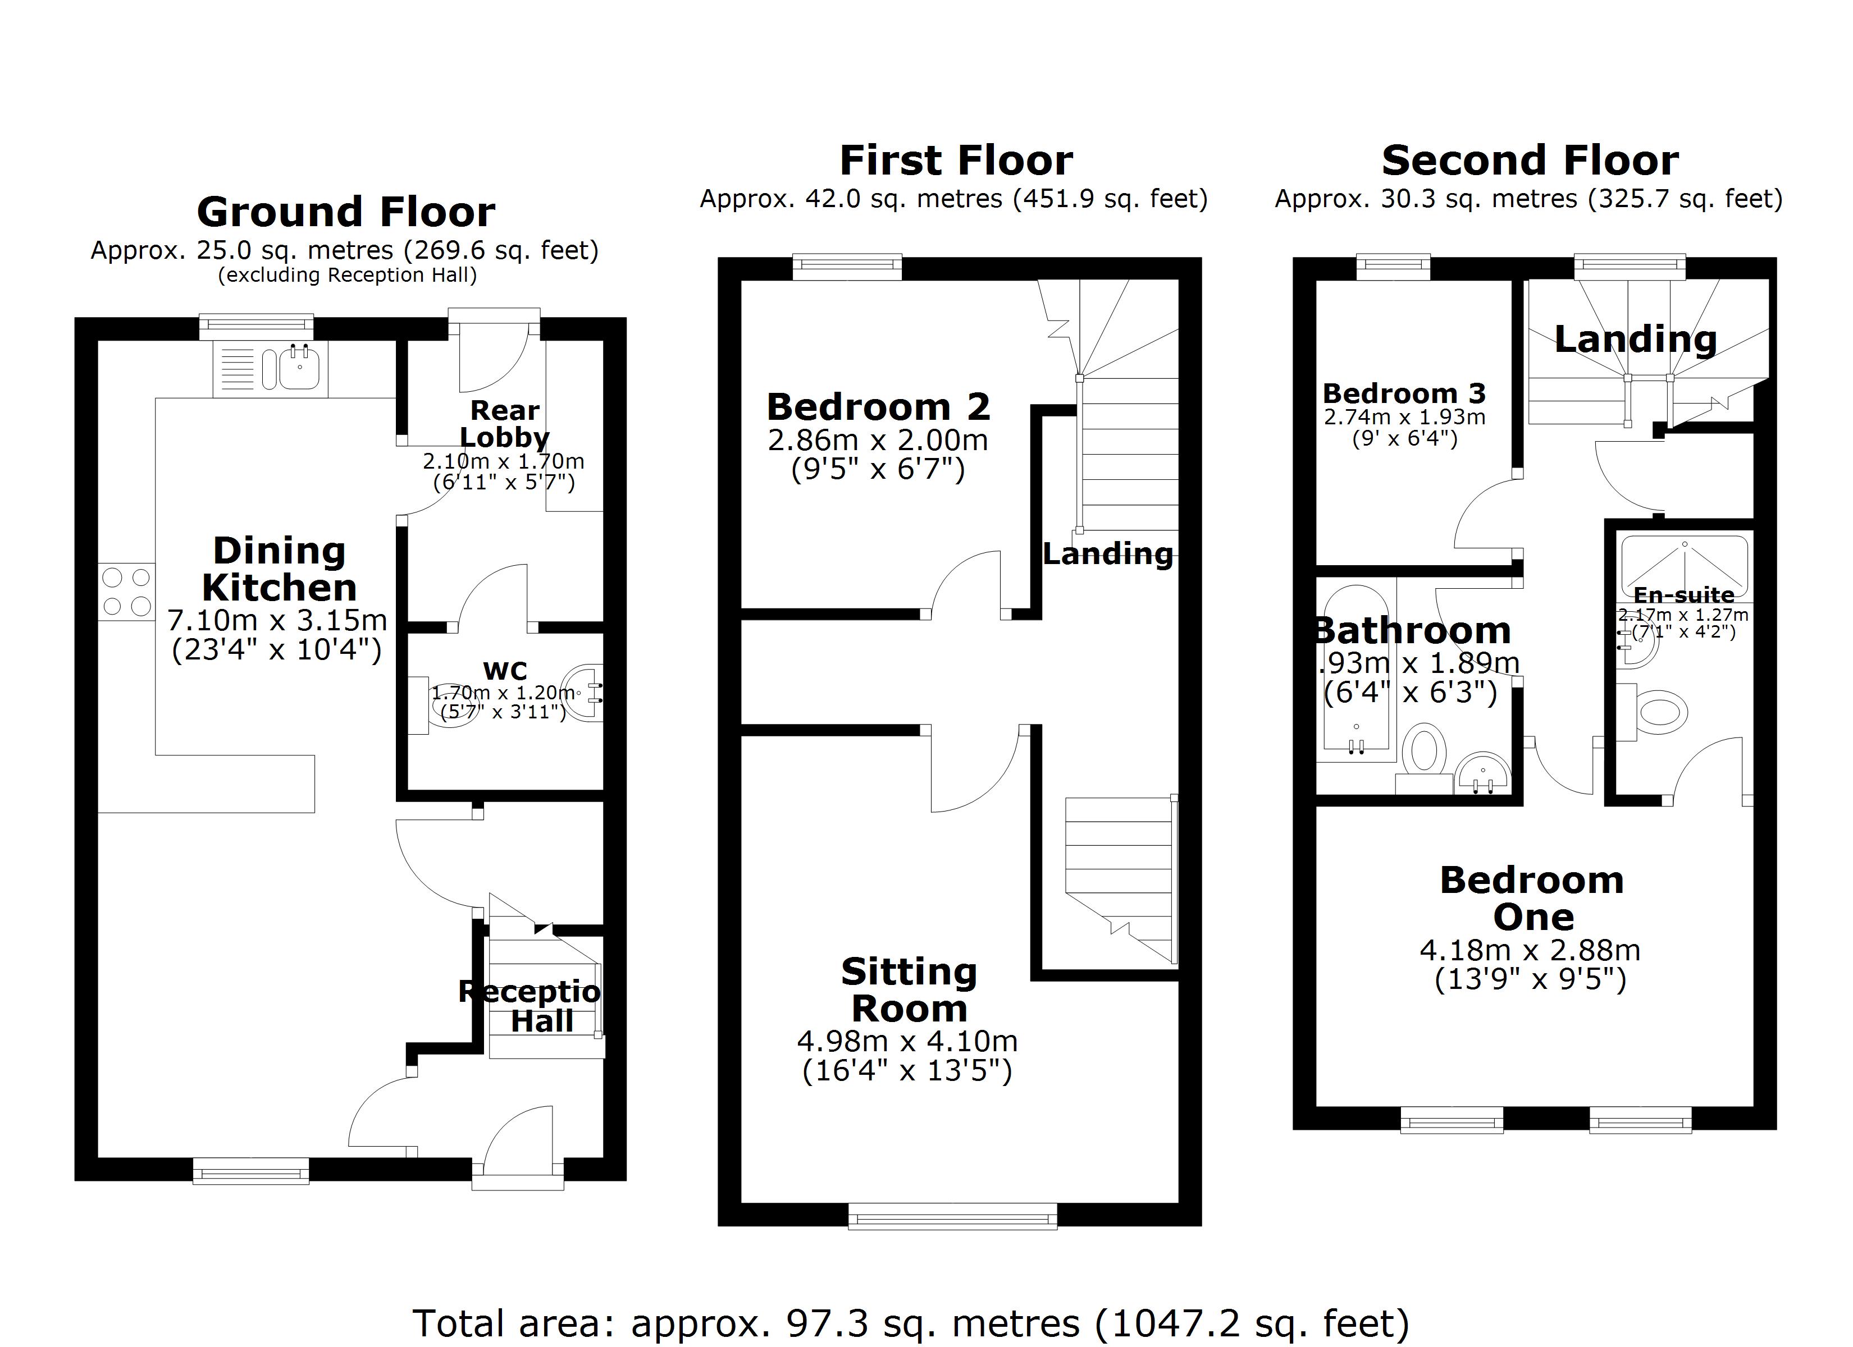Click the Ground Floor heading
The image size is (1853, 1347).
[345, 212]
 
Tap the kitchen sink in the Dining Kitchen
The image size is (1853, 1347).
[299, 368]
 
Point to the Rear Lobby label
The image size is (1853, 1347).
[504, 424]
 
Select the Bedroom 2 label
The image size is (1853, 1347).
[878, 407]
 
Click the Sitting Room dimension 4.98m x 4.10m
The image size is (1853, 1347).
[907, 1042]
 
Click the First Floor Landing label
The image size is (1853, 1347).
[1107, 555]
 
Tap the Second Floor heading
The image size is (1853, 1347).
[1530, 160]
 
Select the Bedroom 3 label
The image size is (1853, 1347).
[1404, 394]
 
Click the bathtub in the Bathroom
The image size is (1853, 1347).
[1355, 670]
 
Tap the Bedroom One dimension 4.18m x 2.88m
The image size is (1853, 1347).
[1530, 951]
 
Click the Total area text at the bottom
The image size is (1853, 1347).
[910, 1322]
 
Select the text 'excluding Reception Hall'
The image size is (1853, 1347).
[346, 275]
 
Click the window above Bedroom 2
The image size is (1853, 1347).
[847, 265]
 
